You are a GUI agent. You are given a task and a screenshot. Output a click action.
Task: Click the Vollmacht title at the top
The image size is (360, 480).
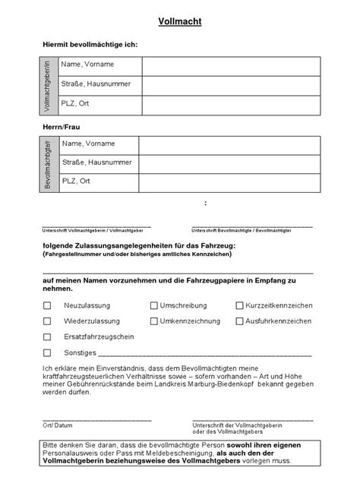pyautogui.click(x=180, y=24)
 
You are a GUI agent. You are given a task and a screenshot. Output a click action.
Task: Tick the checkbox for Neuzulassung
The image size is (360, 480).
pyautogui.click(x=47, y=305)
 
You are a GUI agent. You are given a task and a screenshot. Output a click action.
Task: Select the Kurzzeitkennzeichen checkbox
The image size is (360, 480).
pyautogui.click(x=238, y=305)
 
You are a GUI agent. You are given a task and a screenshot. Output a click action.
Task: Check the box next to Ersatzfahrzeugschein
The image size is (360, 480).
pyautogui.click(x=47, y=336)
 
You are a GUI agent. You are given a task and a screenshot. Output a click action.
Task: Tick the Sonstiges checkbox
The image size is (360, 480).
pyautogui.click(x=47, y=352)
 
